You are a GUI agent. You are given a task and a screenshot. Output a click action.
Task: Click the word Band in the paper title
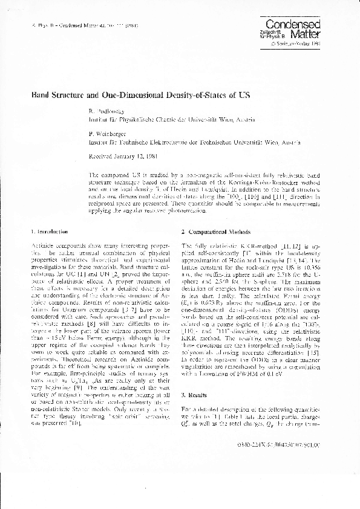pyautogui.click(x=40, y=96)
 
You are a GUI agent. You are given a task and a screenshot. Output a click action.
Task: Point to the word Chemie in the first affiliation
pyautogui.click(x=167, y=120)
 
